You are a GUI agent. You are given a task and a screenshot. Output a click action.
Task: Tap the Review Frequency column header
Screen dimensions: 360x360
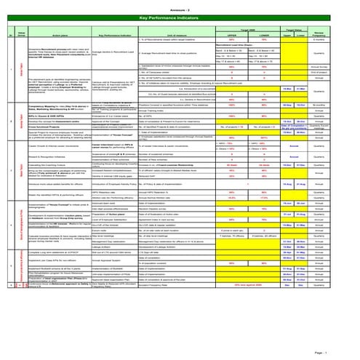click(339, 33)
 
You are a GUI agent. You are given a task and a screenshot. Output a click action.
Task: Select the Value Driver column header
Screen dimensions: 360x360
click(22, 33)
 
